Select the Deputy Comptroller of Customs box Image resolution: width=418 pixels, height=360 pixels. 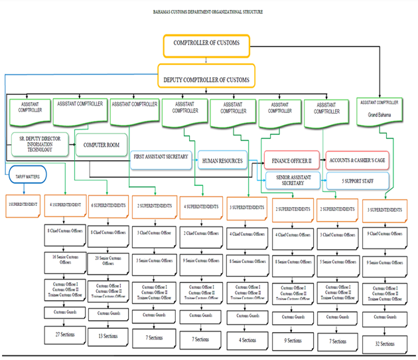[206, 80]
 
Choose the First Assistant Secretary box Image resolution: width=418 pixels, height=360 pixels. [162, 157]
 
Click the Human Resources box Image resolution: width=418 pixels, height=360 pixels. [222, 161]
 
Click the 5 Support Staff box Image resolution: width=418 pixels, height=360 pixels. [356, 180]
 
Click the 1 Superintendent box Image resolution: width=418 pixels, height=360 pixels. [24, 204]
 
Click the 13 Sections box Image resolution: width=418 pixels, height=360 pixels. [107, 336]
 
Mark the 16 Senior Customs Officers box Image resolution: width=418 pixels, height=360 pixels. [64, 259]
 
